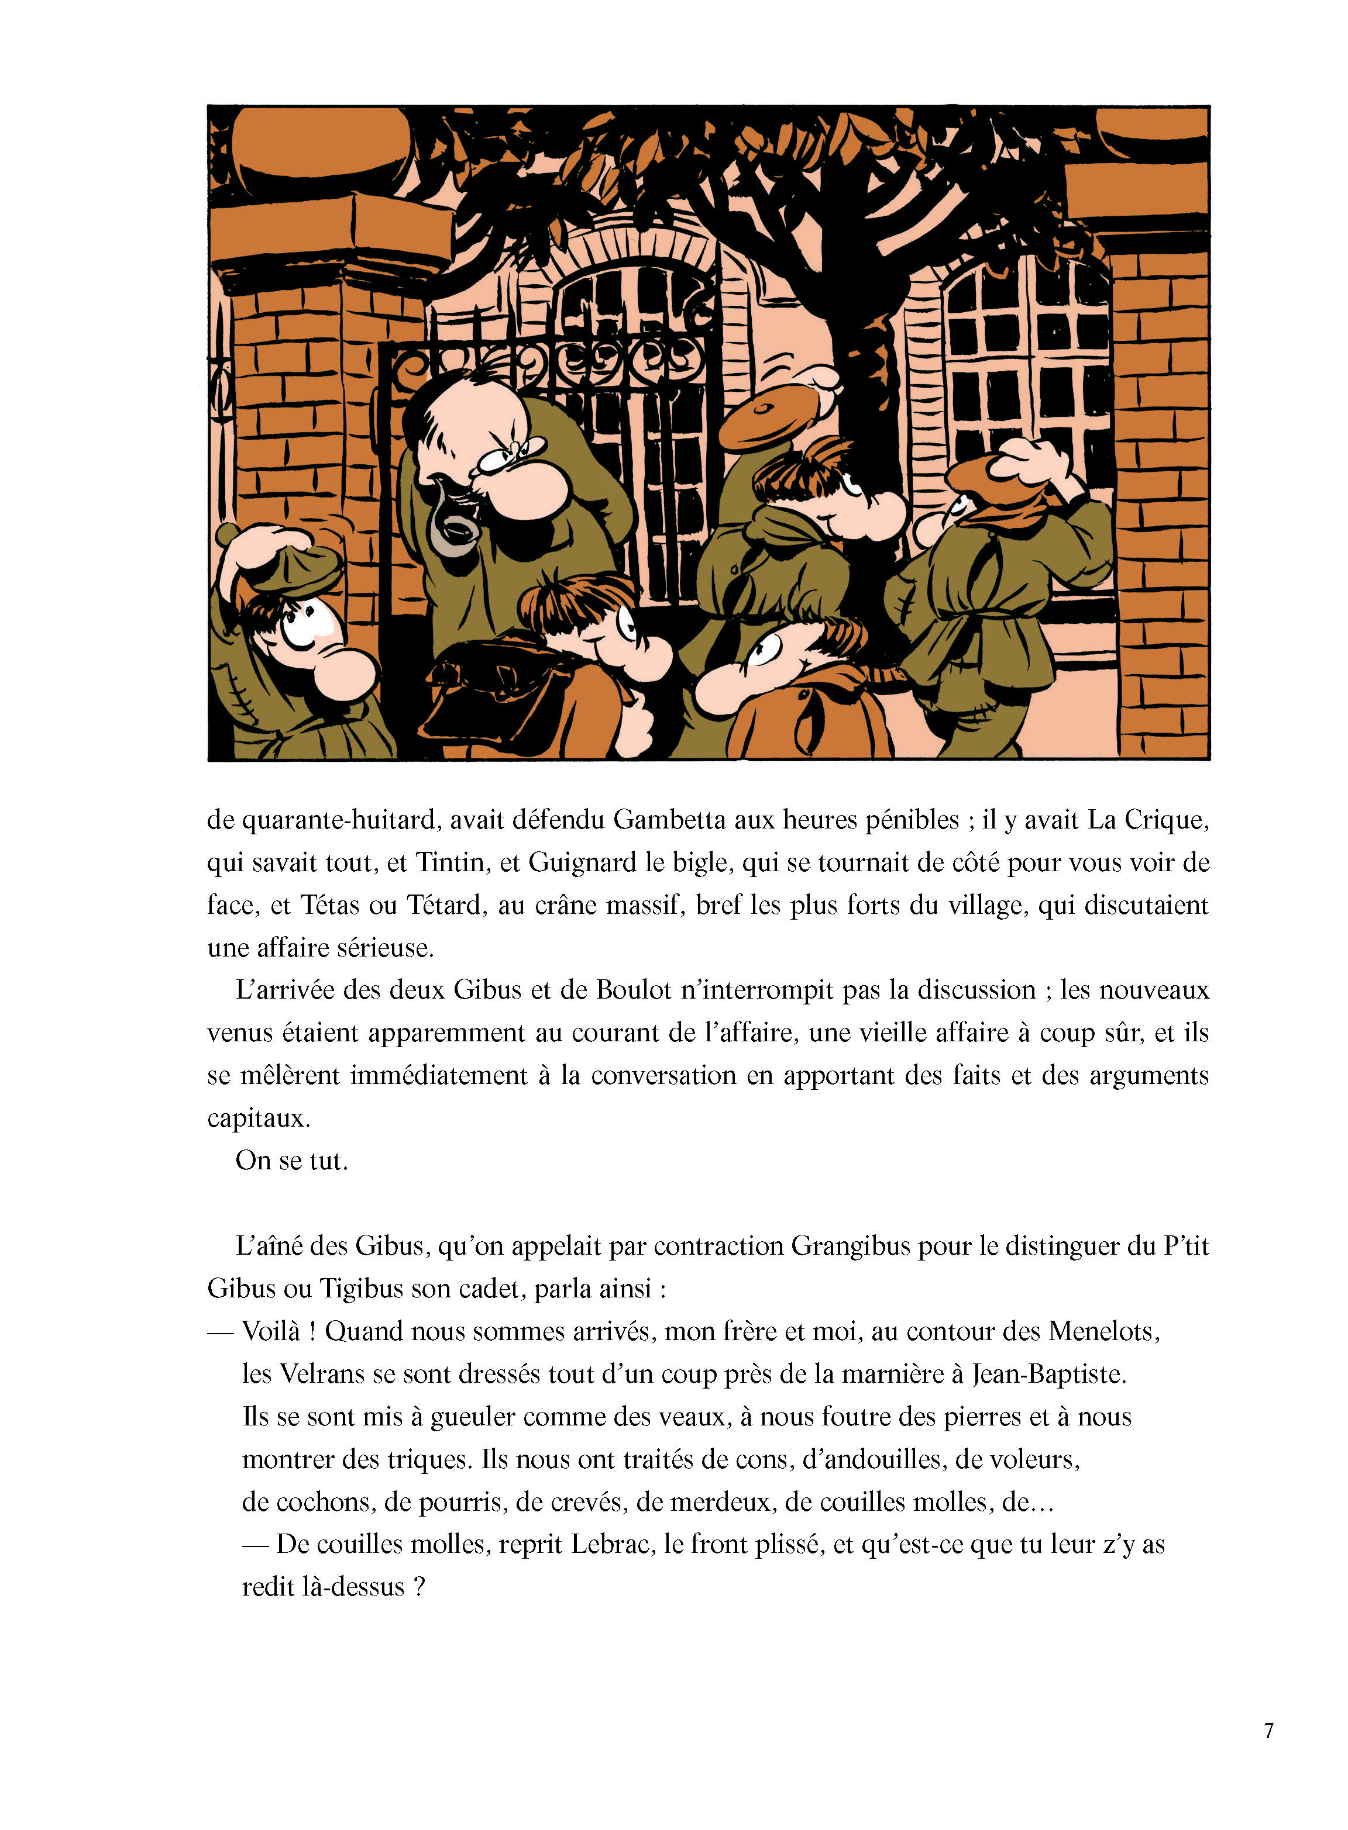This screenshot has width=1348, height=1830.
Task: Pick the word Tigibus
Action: pyautogui.click(x=362, y=1289)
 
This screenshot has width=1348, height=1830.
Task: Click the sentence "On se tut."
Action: pyautogui.click(x=291, y=1161)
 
